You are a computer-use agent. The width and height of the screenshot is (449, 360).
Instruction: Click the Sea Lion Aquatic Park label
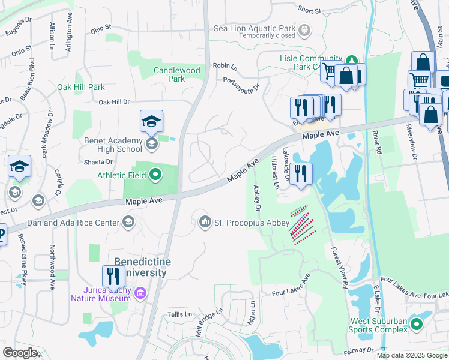pos(255,28)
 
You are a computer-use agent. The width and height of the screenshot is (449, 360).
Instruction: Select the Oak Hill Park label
pos(80,87)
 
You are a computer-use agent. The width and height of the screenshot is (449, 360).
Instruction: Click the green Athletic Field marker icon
pos(155,175)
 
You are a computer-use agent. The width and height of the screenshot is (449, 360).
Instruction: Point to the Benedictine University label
pos(142,268)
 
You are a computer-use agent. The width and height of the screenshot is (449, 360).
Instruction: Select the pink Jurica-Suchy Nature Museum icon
pos(140,293)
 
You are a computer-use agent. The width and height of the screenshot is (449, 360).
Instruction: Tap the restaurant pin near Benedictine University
pos(113,276)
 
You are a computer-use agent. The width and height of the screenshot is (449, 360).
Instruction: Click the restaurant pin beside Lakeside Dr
pos(301,173)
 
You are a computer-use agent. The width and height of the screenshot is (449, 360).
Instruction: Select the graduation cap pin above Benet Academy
pos(151,121)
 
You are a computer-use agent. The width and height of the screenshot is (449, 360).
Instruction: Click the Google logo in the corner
pos(20,353)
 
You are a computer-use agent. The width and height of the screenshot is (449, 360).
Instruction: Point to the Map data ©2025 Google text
pos(411,355)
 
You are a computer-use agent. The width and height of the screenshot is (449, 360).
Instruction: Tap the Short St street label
pos(309,10)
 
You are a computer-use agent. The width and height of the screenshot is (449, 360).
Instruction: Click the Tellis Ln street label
pos(179,314)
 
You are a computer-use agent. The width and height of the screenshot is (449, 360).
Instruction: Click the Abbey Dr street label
pos(256,199)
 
